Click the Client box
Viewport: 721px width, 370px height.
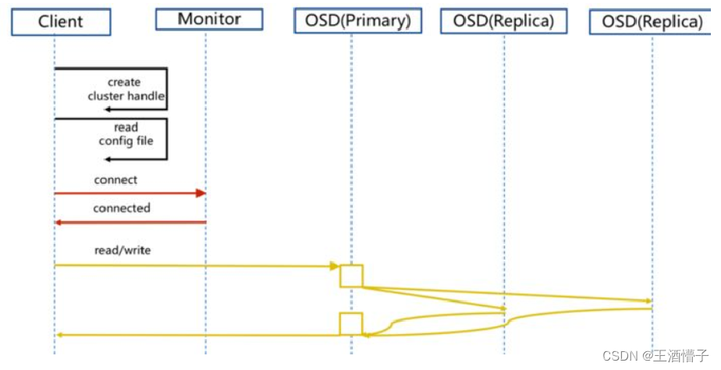click(60, 22)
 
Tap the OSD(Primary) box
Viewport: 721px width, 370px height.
click(358, 21)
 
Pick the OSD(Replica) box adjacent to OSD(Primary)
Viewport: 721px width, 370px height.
click(503, 21)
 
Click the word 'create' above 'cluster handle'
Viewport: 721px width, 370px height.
click(124, 82)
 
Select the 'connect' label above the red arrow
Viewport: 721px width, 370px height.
click(115, 180)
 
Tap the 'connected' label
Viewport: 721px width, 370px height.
click(122, 208)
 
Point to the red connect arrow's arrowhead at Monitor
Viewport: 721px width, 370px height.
click(201, 193)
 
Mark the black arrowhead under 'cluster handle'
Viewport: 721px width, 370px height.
click(108, 109)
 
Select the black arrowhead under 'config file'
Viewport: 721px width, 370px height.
click(108, 158)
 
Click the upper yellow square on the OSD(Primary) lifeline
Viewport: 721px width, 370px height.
click(351, 276)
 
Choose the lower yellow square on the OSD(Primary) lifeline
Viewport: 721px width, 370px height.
click(351, 323)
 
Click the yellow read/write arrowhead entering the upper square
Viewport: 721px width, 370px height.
click(335, 266)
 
